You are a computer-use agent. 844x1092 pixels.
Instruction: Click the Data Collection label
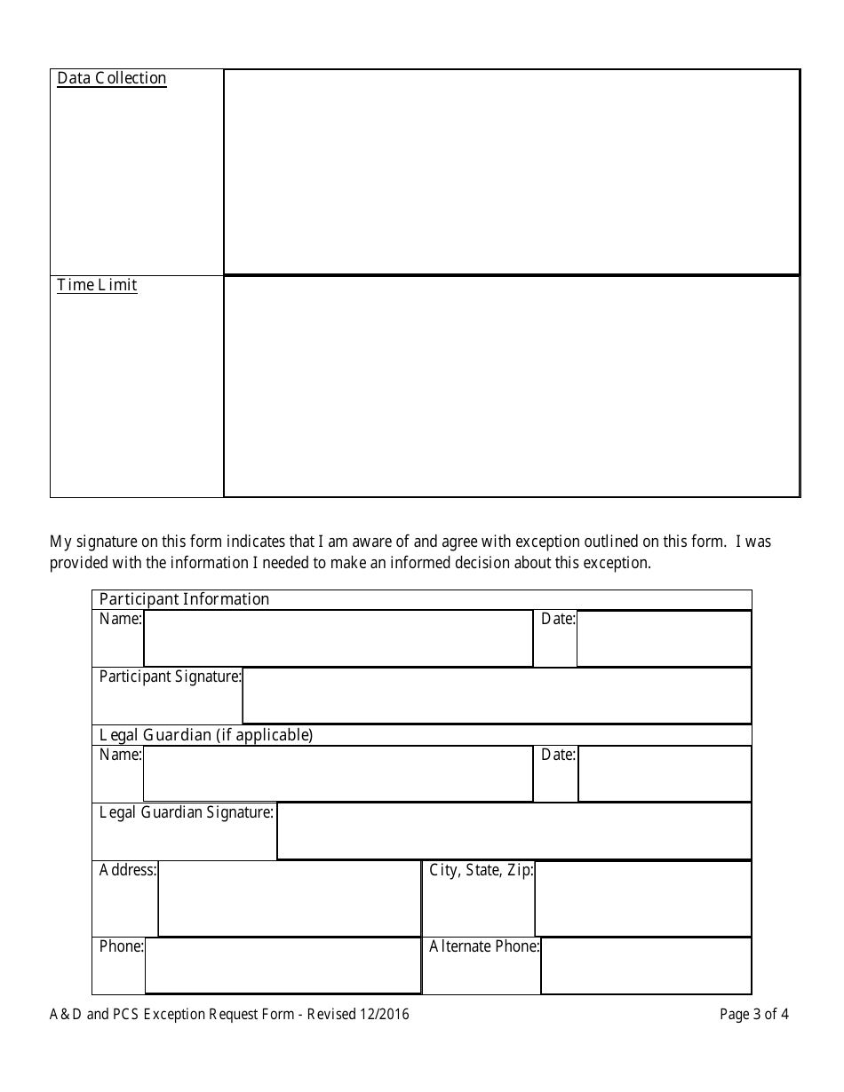[x=112, y=78]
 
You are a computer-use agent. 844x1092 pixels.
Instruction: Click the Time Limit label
[x=97, y=285]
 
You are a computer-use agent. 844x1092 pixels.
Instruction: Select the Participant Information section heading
[x=184, y=599]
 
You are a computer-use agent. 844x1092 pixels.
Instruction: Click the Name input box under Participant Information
[x=338, y=637]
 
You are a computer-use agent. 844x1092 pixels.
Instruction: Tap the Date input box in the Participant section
[x=664, y=637]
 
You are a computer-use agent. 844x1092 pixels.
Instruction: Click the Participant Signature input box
[x=496, y=695]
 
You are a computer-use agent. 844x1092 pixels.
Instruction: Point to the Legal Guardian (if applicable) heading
[x=206, y=735]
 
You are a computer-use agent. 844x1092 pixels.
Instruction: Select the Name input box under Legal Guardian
[x=338, y=773]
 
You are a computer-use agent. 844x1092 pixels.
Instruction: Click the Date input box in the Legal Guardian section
[x=664, y=773]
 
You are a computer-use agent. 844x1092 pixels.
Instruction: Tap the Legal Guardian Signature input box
[x=514, y=831]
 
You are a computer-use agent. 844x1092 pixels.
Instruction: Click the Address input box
[x=289, y=898]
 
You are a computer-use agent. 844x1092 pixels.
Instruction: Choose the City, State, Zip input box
[x=642, y=898]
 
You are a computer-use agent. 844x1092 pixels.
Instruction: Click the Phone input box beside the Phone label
[x=283, y=965]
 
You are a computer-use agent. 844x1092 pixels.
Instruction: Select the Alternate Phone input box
[x=645, y=965]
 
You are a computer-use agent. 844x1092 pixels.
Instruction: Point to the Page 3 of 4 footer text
[x=754, y=1014]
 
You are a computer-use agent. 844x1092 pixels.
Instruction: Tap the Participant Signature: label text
[x=170, y=677]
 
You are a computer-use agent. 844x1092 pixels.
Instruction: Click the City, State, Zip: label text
[x=482, y=870]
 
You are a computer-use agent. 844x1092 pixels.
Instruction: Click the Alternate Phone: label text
[x=484, y=946]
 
